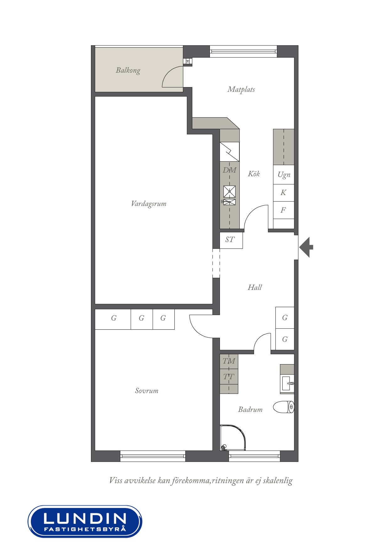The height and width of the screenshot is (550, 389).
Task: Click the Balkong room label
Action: [128, 70]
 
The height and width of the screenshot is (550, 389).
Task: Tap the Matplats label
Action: [241, 90]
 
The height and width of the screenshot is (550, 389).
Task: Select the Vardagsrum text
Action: [148, 204]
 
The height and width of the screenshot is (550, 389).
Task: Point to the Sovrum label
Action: [147, 391]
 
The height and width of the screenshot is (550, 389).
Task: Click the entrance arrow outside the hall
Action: [306, 247]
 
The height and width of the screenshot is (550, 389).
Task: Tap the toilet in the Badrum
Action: [284, 407]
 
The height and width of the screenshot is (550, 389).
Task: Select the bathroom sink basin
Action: [287, 383]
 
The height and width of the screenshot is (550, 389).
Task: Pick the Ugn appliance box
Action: [284, 175]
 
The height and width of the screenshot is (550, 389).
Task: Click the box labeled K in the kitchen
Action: [284, 193]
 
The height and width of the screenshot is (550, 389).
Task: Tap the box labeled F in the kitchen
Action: [284, 210]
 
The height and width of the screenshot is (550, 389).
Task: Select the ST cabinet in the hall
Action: [231, 240]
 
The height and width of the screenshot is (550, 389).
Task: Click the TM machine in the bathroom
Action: [229, 361]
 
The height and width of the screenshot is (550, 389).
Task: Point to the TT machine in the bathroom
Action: [229, 377]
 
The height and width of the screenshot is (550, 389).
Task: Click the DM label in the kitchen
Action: [229, 170]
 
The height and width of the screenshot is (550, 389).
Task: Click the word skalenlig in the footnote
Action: [278, 481]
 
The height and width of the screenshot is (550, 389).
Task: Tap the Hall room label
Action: [254, 288]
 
